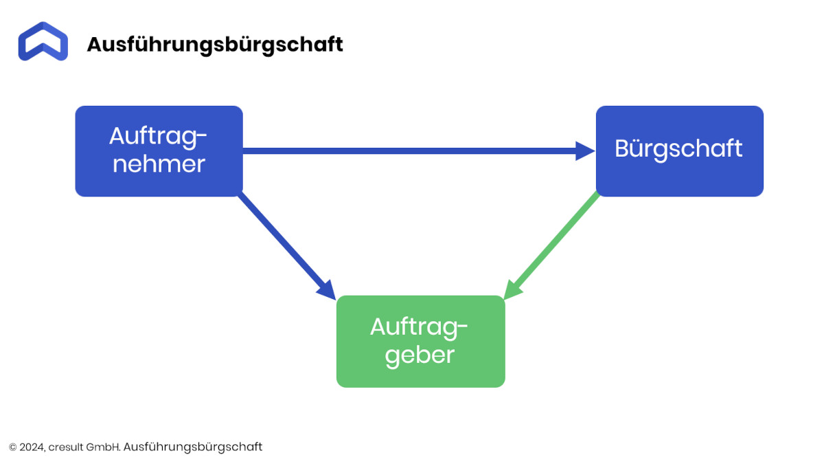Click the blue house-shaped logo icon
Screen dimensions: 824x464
43,41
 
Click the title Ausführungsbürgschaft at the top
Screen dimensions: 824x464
215,45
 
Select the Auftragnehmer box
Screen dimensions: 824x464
159,151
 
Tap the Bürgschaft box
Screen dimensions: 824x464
679,151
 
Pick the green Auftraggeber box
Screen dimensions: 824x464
420,342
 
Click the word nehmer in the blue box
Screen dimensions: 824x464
159,164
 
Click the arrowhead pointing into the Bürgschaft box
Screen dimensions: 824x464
585,151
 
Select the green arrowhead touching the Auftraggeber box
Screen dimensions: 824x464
512,290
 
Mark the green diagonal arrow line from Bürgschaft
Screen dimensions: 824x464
551,245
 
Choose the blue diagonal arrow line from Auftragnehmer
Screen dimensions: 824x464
287,246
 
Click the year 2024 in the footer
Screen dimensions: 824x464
32,447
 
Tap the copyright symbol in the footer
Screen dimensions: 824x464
13,447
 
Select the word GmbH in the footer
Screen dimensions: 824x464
104,447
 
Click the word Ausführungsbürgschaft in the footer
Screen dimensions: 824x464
193,447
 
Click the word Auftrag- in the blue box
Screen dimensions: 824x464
158,137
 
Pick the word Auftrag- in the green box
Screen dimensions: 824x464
419,327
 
